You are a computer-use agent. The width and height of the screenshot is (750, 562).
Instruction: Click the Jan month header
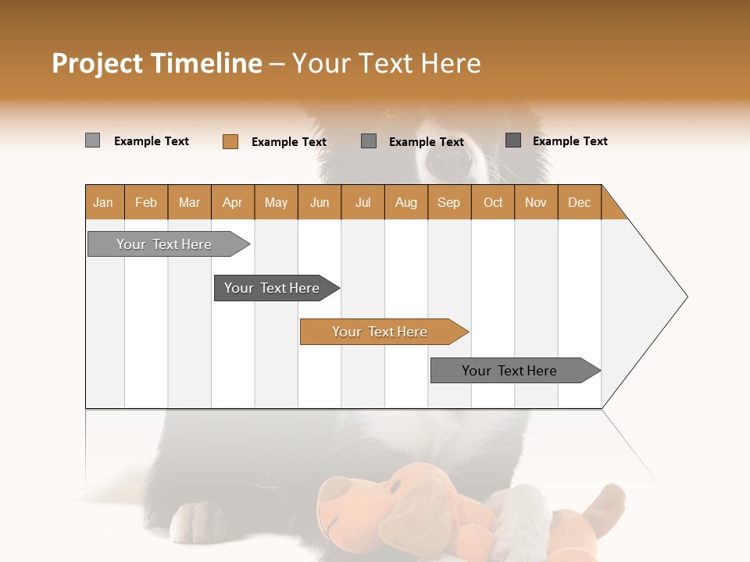(103, 203)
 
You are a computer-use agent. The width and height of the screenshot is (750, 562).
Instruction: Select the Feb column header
(146, 203)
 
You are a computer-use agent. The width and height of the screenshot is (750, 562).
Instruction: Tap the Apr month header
(232, 203)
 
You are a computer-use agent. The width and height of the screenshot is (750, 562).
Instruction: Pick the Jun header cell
(320, 203)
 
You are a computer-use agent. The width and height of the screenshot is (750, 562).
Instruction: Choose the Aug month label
(405, 203)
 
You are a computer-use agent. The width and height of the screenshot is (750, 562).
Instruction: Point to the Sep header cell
(448, 203)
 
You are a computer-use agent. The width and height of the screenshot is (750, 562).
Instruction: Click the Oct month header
(493, 203)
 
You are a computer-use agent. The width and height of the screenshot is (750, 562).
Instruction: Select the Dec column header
(579, 203)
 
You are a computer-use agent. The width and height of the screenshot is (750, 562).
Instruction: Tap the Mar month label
(189, 203)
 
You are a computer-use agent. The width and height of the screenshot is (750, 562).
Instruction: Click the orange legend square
(230, 141)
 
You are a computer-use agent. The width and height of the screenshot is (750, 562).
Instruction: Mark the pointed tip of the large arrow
(687, 297)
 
